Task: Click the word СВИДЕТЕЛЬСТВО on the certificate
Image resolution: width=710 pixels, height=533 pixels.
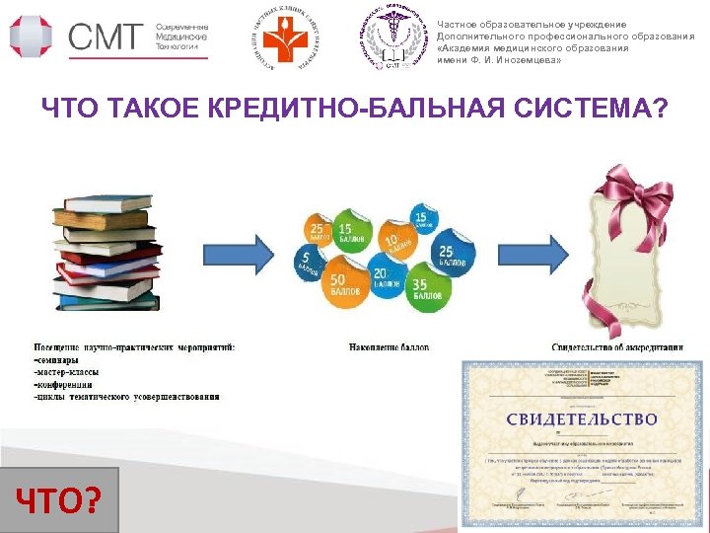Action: coord(582,419)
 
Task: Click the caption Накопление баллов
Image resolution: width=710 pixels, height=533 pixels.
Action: coord(389,347)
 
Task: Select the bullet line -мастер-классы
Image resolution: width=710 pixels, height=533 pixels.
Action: coord(73,372)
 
